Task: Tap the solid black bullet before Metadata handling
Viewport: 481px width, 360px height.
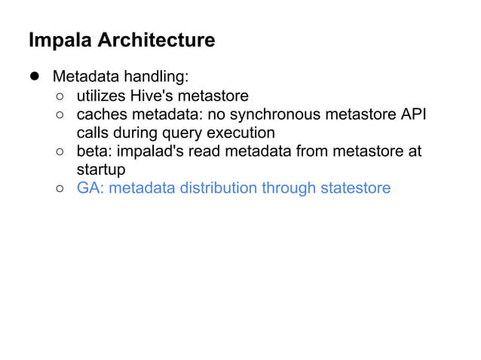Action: coord(34,77)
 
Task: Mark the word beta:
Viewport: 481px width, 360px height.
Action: coord(93,151)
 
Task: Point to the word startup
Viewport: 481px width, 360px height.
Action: coord(101,169)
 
